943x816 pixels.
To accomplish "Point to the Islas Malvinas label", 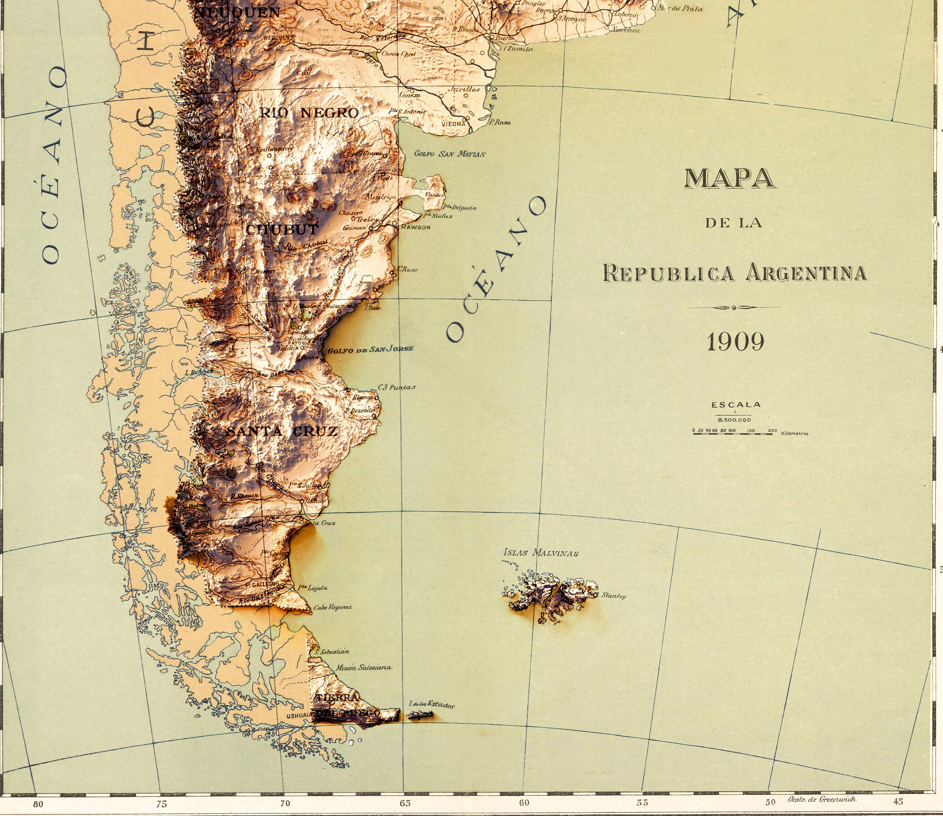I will click(x=541, y=553).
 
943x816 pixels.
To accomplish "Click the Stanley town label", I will click(x=614, y=596).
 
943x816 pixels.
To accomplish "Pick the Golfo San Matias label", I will click(x=450, y=154).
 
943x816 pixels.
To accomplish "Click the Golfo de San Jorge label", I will click(x=371, y=349).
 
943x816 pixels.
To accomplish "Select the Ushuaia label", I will click(x=299, y=716).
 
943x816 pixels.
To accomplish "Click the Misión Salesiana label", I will click(x=363, y=668).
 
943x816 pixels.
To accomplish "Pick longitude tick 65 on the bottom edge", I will click(x=405, y=803).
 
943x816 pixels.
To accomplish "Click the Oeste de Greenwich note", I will click(x=822, y=799).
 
